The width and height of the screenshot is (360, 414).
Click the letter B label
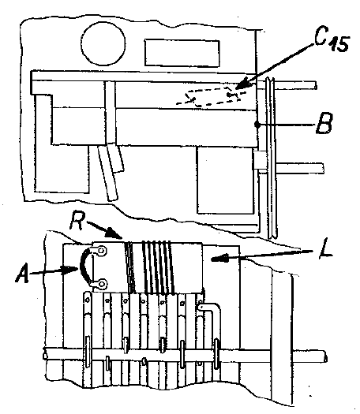[324, 124]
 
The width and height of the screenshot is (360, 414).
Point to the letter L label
[325, 250]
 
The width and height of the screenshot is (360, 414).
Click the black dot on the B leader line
[257, 125]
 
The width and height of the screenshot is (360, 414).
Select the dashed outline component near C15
[212, 97]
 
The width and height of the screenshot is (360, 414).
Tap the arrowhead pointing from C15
[242, 84]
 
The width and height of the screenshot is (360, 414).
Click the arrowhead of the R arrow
[115, 234]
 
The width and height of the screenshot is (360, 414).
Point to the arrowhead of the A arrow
[70, 270]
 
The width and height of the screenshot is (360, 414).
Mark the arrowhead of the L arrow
[219, 258]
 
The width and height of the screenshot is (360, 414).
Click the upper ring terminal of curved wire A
[100, 250]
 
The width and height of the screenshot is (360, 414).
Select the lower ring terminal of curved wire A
[100, 284]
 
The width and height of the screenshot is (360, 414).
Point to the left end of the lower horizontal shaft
[45, 354]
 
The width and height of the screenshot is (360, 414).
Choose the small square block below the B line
[259, 161]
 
